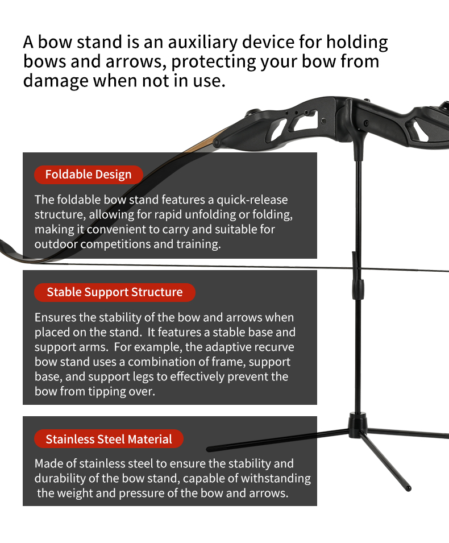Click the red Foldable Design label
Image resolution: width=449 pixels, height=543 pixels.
(x=88, y=175)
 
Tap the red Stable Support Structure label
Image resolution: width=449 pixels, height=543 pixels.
(x=114, y=292)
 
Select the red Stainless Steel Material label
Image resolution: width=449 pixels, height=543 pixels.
(x=109, y=439)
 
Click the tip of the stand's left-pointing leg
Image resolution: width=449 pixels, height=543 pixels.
(x=210, y=449)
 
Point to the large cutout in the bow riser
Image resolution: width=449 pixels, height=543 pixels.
(x=305, y=121)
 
